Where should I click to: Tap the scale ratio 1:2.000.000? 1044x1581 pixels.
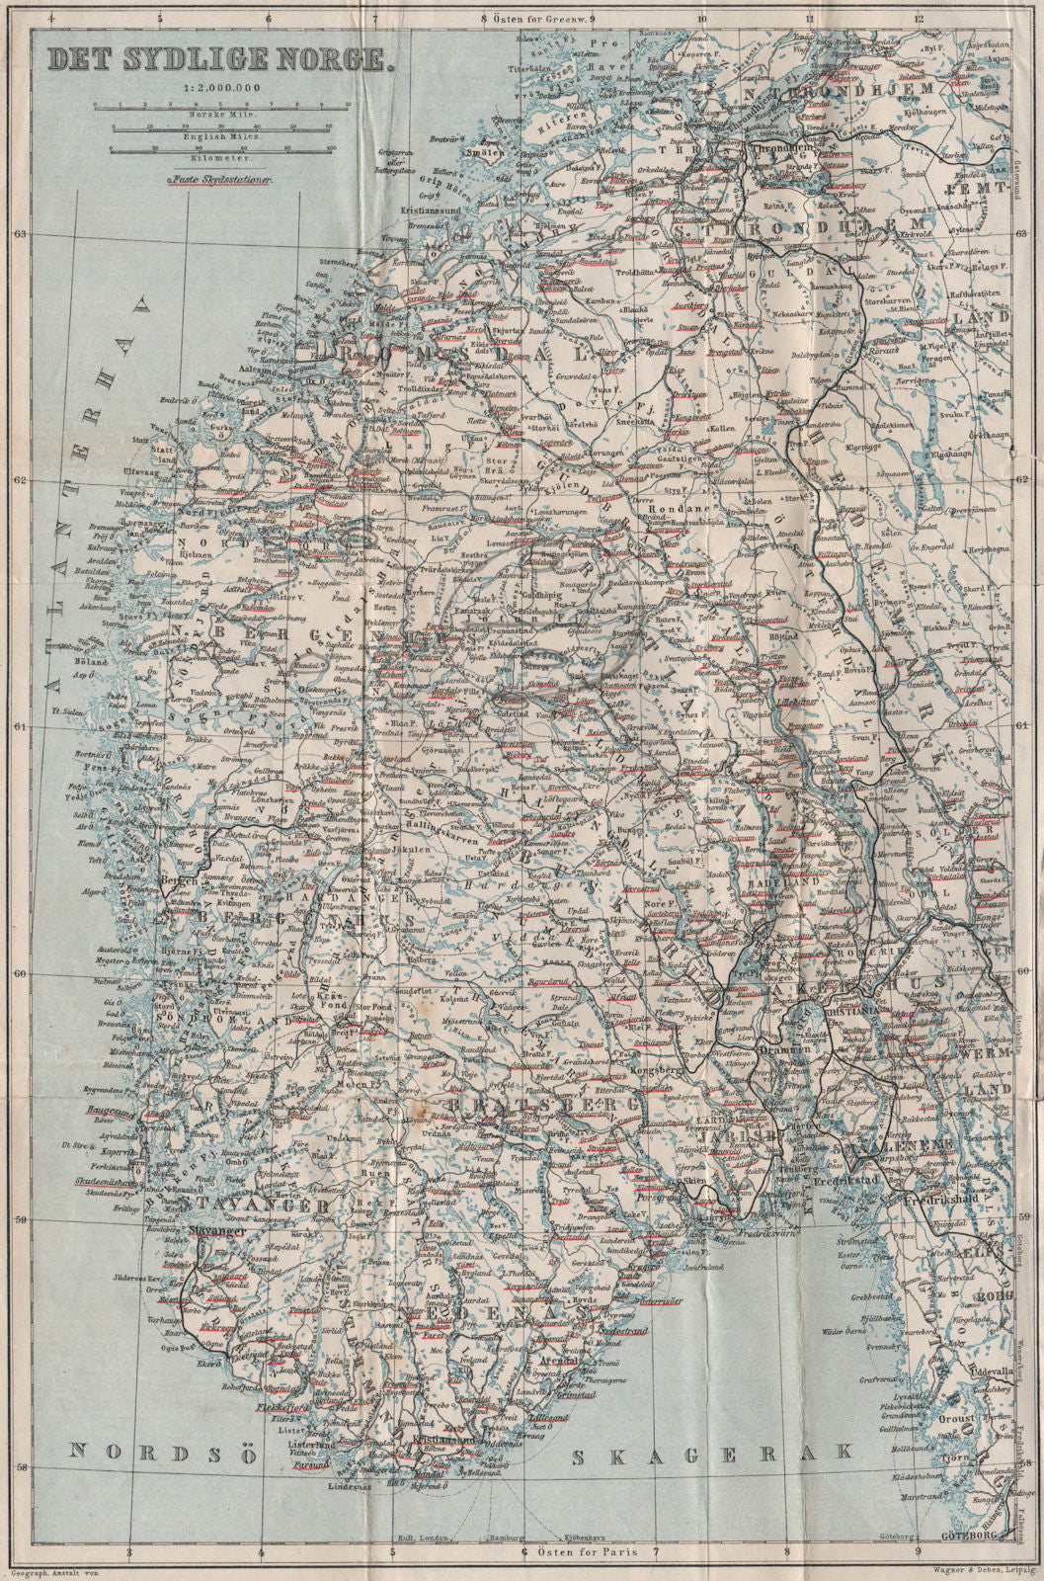(219, 90)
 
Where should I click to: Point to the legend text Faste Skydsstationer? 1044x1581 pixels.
(222, 182)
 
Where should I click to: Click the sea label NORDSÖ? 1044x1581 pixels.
(149, 1452)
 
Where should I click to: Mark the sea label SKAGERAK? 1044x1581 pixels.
(712, 1453)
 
